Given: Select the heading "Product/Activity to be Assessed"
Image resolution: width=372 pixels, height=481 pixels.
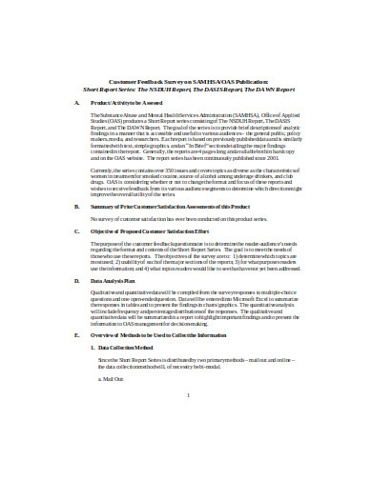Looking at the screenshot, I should click(x=125, y=100).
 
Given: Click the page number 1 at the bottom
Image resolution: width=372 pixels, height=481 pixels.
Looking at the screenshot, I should click(x=190, y=447).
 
